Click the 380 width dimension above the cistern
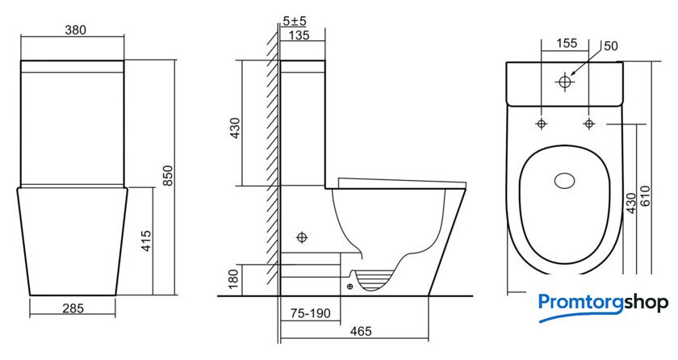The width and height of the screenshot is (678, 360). coord(75,30)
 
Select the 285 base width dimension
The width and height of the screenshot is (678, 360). coord(73,308)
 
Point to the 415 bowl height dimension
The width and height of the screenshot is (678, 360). coord(146,241)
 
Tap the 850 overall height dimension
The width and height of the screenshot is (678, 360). coord(168,175)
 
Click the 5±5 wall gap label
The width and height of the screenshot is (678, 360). coord(295,20)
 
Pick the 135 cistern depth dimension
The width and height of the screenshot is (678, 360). coord(299,35)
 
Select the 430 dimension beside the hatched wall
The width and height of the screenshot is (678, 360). coord(235,128)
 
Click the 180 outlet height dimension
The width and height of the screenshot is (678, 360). coord(233,279)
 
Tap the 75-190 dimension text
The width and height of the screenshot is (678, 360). coord(311,313)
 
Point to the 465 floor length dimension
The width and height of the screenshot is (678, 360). coord(361,331)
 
